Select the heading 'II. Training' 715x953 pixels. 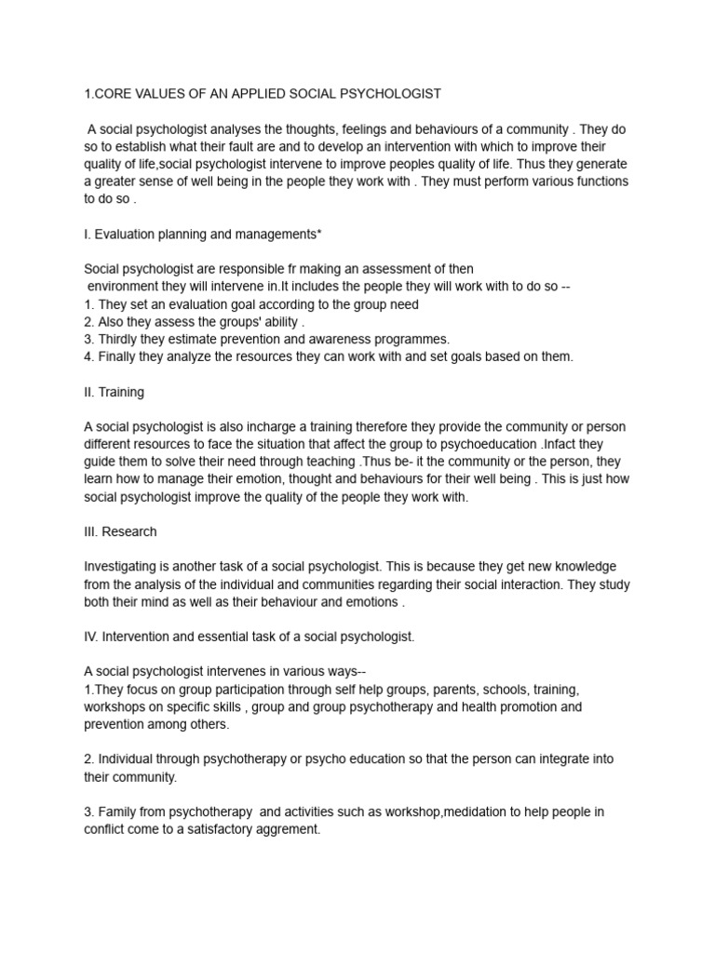114,392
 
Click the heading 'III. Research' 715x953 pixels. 120,531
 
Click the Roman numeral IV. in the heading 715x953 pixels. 91,637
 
